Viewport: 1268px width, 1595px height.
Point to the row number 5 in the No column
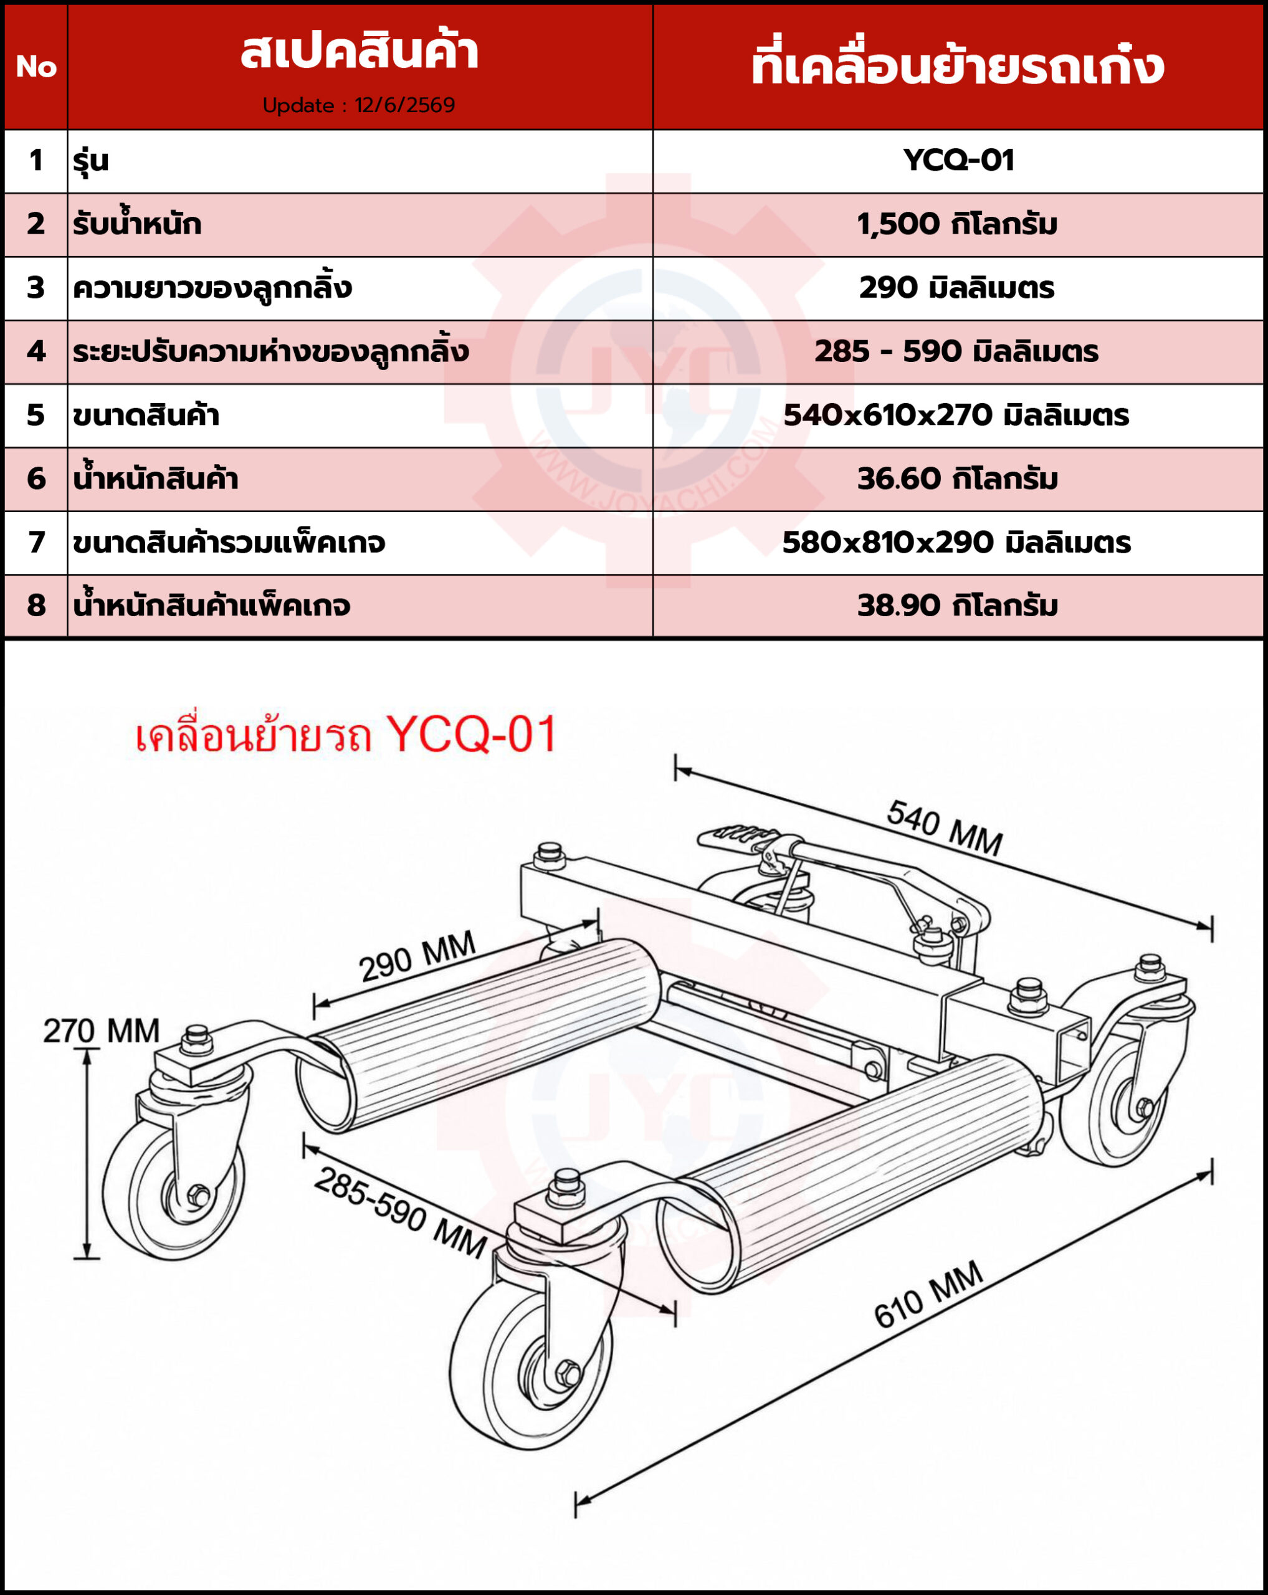[36, 415]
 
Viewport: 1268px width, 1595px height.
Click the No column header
[36, 67]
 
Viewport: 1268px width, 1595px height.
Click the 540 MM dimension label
[945, 828]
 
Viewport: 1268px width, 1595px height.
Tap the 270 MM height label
[102, 1031]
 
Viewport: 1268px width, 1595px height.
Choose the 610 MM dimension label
[928, 1294]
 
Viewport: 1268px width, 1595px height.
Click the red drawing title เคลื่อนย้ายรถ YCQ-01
[345, 735]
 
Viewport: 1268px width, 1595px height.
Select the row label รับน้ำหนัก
[137, 224]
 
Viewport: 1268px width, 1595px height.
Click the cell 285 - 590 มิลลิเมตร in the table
[956, 351]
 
